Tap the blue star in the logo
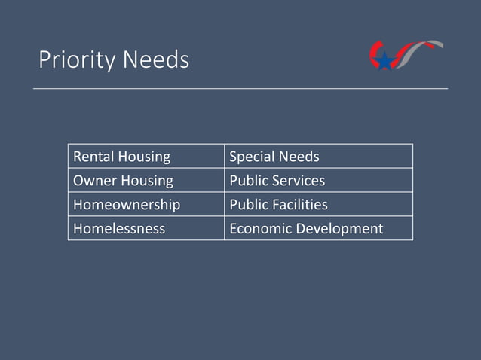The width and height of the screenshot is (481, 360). [x=384, y=62]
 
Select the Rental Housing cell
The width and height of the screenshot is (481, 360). [x=146, y=157]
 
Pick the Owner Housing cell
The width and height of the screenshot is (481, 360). [x=146, y=181]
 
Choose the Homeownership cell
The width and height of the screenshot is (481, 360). [x=146, y=205]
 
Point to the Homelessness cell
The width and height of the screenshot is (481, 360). [x=146, y=228]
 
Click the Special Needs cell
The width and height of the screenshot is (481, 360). [x=318, y=157]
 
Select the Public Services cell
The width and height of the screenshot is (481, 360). [x=318, y=181]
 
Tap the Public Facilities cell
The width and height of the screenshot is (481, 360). [x=318, y=205]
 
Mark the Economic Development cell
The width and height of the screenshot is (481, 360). [x=318, y=228]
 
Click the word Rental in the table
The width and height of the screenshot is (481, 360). [x=90, y=157]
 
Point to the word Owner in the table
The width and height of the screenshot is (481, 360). [x=91, y=181]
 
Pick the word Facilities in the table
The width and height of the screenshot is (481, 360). [x=299, y=205]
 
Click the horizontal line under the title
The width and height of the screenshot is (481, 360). [x=240, y=88]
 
